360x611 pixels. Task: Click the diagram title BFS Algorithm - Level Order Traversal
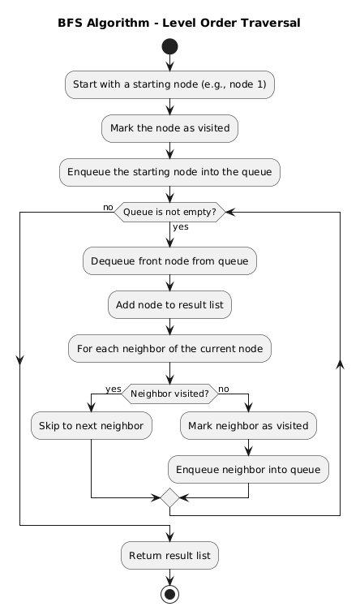click(179, 23)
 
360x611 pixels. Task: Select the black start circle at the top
click(169, 49)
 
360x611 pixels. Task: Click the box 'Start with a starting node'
click(169, 84)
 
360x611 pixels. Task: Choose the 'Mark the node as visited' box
click(169, 127)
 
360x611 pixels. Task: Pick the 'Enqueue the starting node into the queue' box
click(169, 171)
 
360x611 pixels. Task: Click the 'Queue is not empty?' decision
click(169, 212)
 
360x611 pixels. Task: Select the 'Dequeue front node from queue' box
click(169, 260)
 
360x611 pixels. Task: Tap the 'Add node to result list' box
click(169, 304)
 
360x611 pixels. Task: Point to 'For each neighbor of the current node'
click(169, 348)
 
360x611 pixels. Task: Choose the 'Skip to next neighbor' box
click(91, 425)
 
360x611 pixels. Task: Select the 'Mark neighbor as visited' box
click(248, 425)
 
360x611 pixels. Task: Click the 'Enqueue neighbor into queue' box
click(248, 467)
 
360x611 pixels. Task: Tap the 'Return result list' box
click(169, 556)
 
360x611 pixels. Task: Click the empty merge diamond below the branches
click(169, 495)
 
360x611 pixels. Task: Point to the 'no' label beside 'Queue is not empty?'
click(108, 208)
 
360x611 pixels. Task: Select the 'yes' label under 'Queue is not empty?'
click(180, 226)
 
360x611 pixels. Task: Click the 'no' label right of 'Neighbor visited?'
click(225, 389)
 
